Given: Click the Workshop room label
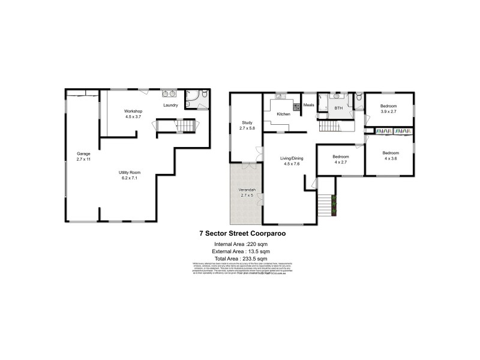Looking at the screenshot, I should click(x=133, y=112).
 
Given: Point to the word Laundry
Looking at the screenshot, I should click(x=170, y=106).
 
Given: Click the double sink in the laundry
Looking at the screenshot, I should click(x=167, y=94).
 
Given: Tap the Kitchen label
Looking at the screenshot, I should click(x=283, y=114).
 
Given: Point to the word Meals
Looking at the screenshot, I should click(x=309, y=105).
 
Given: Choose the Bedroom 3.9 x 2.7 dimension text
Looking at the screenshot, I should click(x=389, y=112).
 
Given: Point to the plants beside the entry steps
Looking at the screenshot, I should click(x=333, y=206).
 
